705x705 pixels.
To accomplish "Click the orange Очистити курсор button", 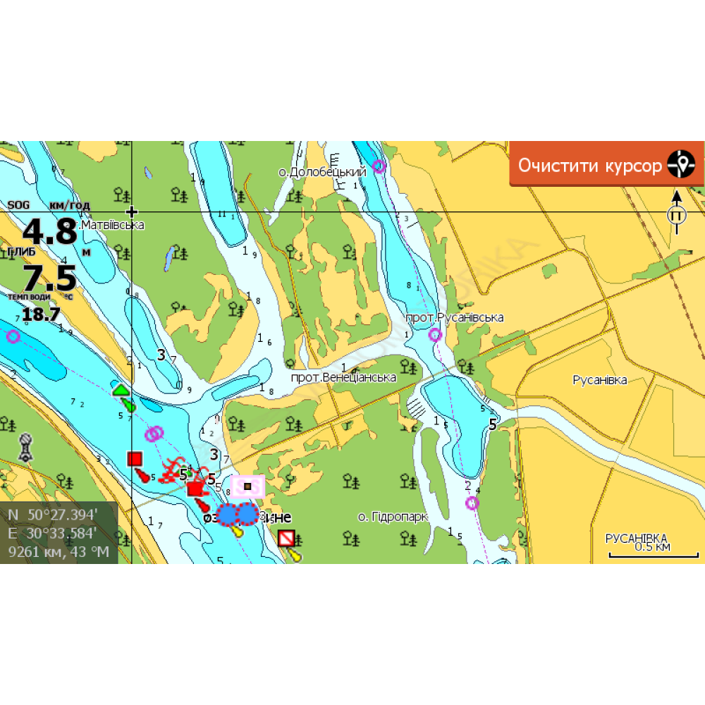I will [x=591, y=165].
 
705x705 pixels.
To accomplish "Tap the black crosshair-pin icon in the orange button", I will [x=681, y=164].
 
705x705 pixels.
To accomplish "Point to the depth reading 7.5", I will [x=49, y=278].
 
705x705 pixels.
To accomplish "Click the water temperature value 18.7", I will [x=40, y=314].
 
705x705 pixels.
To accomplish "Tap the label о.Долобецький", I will [x=322, y=172].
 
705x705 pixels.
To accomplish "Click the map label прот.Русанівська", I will [x=455, y=317].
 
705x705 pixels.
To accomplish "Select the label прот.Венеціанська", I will [x=343, y=377].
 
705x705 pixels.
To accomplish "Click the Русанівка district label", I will [x=599, y=380].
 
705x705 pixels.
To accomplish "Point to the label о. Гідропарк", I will [x=393, y=517].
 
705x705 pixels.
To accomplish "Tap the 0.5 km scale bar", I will [x=652, y=553].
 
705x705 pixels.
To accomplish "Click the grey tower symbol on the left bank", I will [x=25, y=447].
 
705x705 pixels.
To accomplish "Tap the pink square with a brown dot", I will [x=247, y=486].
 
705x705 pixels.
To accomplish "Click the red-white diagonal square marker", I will [x=286, y=539].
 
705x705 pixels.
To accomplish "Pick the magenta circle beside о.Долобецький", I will [x=379, y=166].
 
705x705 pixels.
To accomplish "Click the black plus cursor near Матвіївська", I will [x=132, y=211].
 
